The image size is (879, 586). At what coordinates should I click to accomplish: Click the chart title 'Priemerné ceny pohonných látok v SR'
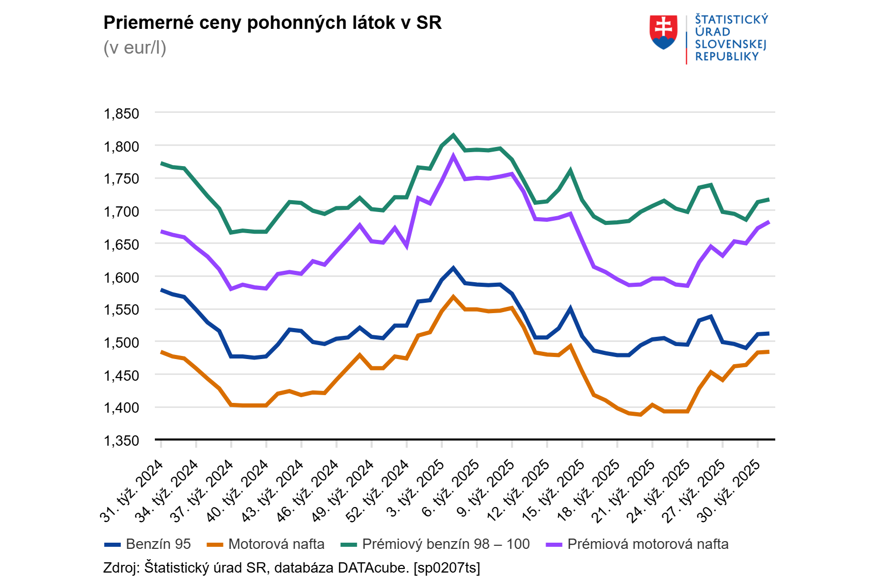click(x=273, y=23)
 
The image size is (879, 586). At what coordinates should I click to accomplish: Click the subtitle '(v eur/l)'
click(x=135, y=47)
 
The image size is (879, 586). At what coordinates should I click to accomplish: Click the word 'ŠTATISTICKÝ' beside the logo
click(x=731, y=20)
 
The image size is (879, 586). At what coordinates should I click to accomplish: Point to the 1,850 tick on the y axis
click(x=122, y=113)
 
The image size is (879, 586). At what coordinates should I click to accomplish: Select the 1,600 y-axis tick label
click(x=122, y=278)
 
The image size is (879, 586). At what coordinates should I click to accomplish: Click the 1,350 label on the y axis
click(x=122, y=441)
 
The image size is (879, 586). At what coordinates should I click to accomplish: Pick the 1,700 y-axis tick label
click(x=122, y=211)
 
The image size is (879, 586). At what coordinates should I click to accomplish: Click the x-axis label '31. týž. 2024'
click(x=132, y=490)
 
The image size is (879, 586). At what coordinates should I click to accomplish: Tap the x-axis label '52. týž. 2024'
click(x=378, y=490)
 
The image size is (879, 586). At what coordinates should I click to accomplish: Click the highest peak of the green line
click(x=453, y=136)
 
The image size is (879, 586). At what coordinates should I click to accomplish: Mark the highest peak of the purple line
click(x=453, y=156)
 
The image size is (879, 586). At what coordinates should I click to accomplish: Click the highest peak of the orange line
click(x=453, y=297)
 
